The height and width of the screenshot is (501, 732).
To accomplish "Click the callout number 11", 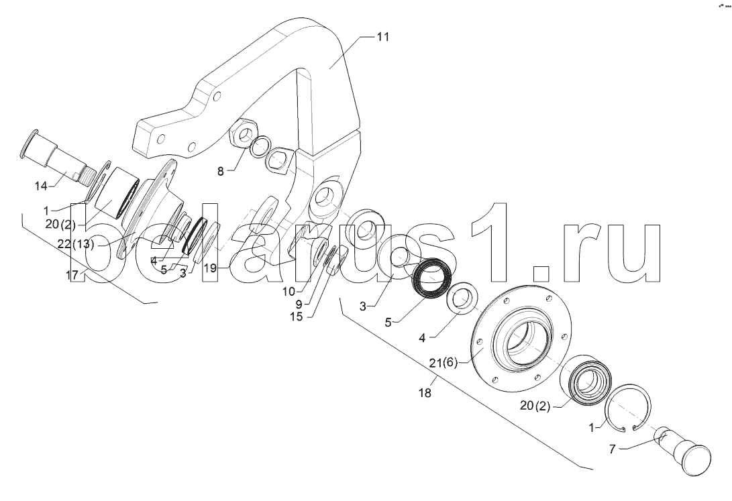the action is pyautogui.click(x=383, y=37).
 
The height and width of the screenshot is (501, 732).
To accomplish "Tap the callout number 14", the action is pyautogui.click(x=41, y=186).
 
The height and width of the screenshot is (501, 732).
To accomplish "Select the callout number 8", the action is pyautogui.click(x=220, y=171).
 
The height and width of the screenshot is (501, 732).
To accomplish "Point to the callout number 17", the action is pyautogui.click(x=72, y=275).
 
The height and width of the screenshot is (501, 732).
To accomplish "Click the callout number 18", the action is pyautogui.click(x=425, y=393).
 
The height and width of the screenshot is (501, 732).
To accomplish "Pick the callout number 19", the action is pyautogui.click(x=211, y=268).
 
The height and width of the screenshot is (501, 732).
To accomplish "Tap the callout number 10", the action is pyautogui.click(x=289, y=292).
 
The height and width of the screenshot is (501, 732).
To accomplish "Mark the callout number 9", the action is pyautogui.click(x=299, y=304).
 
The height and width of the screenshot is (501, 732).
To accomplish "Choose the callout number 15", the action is pyautogui.click(x=296, y=317).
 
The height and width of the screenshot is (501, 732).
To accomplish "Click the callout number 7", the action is pyautogui.click(x=613, y=449).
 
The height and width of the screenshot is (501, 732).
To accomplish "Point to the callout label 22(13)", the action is pyautogui.click(x=76, y=244).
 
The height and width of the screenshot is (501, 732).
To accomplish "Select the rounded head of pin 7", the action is pyautogui.click(x=696, y=459).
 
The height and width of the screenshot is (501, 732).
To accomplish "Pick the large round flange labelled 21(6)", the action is pyautogui.click(x=521, y=338).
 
